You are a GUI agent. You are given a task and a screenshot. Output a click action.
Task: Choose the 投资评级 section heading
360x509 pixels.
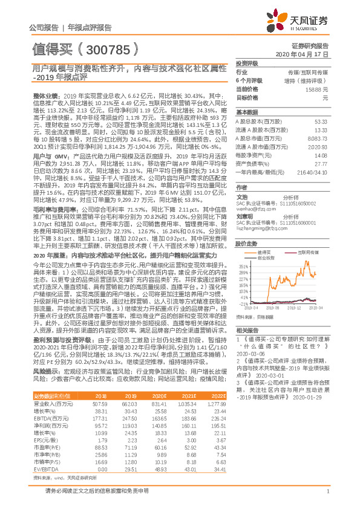click(246, 63)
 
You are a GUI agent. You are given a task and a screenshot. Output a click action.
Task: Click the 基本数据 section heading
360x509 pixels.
click(246, 113)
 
